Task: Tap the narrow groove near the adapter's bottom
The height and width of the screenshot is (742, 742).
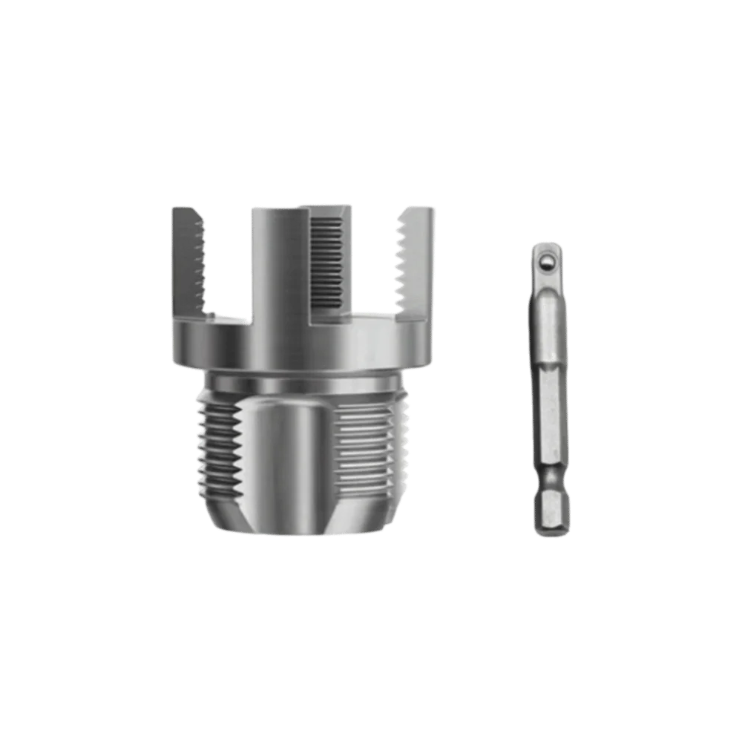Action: click(x=550, y=485)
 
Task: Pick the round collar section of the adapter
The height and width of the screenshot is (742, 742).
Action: click(x=548, y=326)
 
